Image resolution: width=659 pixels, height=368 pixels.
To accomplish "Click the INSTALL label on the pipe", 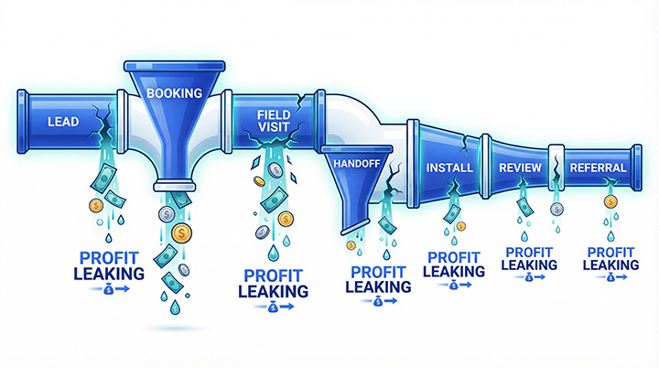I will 449,168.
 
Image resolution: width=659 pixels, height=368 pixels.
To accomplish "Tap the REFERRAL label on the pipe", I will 598,168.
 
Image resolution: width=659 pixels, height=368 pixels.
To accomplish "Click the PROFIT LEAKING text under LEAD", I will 112,265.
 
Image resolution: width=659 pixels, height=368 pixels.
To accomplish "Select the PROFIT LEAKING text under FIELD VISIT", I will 273,283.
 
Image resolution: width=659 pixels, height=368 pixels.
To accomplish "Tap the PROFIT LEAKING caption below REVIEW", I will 529,258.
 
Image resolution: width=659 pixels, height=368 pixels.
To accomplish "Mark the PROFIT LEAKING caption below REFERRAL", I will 610,258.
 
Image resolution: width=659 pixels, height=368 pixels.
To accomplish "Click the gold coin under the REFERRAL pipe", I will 610,201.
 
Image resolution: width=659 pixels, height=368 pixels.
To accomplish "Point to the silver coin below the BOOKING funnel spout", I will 166,215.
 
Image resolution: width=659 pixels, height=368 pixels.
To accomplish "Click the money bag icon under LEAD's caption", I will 111,289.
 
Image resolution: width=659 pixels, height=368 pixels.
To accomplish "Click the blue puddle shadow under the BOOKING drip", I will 168,326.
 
